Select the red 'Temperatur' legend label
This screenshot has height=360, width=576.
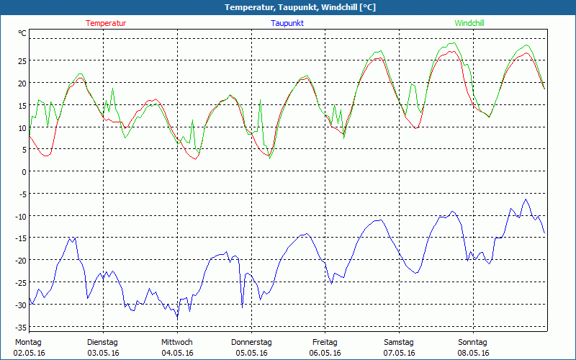(x=106, y=23)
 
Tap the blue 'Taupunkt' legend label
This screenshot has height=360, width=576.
(x=287, y=23)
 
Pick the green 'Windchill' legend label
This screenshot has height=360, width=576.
(x=469, y=23)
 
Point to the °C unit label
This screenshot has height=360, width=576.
(x=22, y=33)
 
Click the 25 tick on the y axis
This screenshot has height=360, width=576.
(x=22, y=60)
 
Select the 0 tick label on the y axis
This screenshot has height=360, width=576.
(x=24, y=172)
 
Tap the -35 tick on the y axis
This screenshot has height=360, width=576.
(x=19, y=328)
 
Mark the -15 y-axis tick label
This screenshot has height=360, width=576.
(x=19, y=238)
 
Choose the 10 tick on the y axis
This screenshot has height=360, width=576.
(x=22, y=127)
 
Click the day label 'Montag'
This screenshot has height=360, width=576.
(x=28, y=342)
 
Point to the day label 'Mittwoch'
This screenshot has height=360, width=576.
(x=176, y=342)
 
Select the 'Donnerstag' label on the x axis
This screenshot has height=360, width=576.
(x=251, y=342)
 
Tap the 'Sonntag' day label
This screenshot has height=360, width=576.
(x=472, y=342)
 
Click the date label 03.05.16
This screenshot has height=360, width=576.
(x=103, y=353)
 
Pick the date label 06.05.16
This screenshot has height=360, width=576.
(x=325, y=353)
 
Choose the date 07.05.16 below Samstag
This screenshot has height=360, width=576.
(x=399, y=353)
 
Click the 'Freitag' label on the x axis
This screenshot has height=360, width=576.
(x=325, y=342)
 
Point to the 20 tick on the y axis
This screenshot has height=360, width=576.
(x=22, y=83)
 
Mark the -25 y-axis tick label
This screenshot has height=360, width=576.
(x=19, y=283)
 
